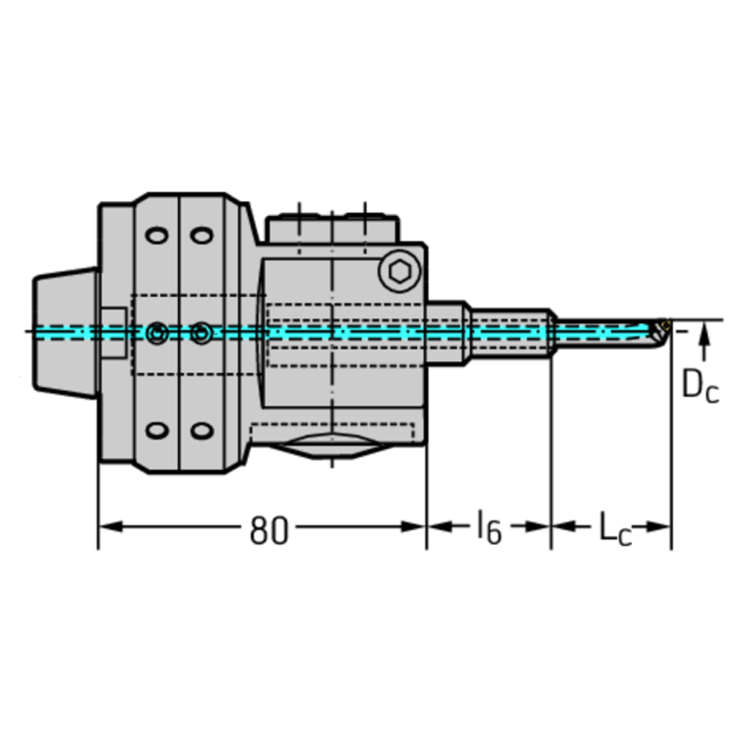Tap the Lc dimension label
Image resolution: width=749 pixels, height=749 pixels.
coord(612,529)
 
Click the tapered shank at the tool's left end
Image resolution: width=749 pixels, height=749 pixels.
coord(65,333)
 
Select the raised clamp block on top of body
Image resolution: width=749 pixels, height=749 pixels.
coord(332,226)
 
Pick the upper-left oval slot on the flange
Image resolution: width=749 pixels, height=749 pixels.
coord(154,237)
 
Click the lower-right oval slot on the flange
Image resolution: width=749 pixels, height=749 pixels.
coord(200,431)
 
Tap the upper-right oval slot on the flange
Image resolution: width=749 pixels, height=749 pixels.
coord(200,237)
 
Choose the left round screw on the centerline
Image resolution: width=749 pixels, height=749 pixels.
coord(155,334)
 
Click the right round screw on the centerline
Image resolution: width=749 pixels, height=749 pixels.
coord(200,334)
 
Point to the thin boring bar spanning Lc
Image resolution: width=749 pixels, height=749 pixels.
coord(605,333)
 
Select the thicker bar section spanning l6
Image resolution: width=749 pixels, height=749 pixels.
coord(508,333)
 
